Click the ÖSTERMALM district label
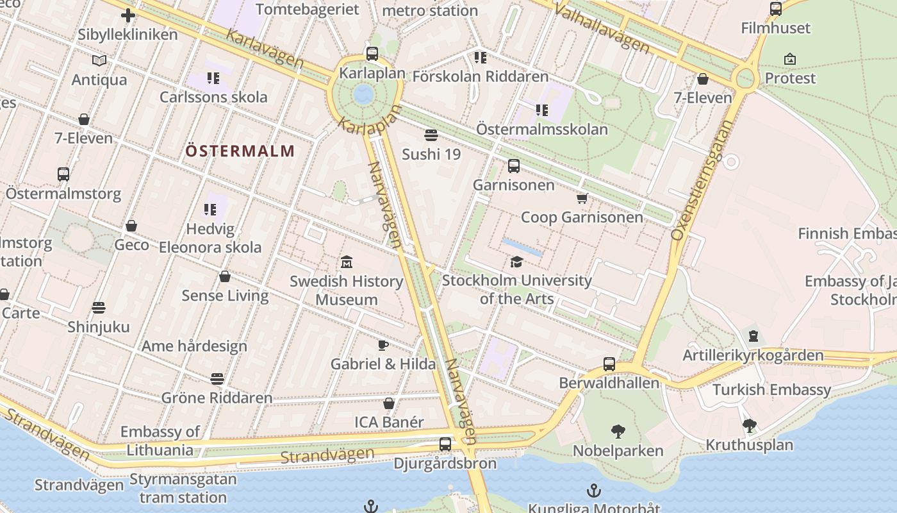(240, 151)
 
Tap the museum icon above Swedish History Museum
(347, 262)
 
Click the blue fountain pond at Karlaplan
(363, 94)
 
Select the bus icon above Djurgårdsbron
(445, 444)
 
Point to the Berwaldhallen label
(609, 383)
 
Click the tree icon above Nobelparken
(618, 431)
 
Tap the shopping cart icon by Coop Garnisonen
(582, 198)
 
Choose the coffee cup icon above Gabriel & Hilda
(383, 345)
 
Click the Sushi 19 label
(431, 154)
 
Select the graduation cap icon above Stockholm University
(516, 262)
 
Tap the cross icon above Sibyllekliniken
(128, 15)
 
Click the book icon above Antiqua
(99, 60)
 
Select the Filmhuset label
(775, 28)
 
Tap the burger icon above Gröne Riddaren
(217, 379)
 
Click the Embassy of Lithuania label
(160, 441)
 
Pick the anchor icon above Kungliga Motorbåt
(595, 491)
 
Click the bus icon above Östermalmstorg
(63, 174)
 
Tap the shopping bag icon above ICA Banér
(388, 403)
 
